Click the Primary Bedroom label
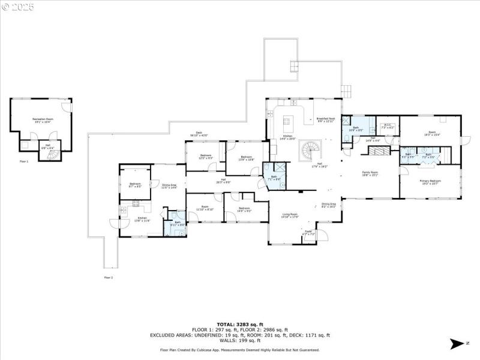point(430,182)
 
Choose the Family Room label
point(370,175)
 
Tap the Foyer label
point(309,232)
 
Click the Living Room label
point(290,215)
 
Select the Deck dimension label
point(199,135)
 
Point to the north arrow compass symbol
point(457,343)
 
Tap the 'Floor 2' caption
point(108,277)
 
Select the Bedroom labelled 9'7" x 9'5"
point(135,185)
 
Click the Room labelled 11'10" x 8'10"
point(205,209)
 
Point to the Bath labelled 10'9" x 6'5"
point(355,128)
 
